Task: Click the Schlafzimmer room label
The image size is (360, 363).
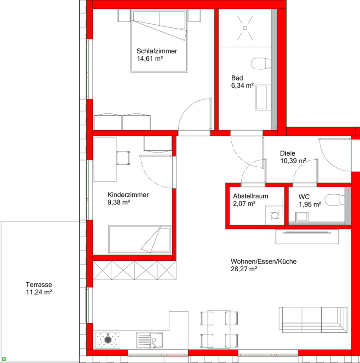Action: (x=157, y=51)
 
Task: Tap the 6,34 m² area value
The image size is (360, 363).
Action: (x=242, y=85)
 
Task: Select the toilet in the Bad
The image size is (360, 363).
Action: (x=261, y=63)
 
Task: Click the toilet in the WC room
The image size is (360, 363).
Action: (x=335, y=200)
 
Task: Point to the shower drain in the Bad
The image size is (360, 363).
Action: (x=245, y=28)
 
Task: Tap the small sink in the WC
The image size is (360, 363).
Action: (x=301, y=217)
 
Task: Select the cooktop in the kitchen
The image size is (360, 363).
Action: (x=108, y=340)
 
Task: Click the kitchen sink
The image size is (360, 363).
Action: (x=149, y=340)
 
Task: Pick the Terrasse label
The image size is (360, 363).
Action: (x=39, y=285)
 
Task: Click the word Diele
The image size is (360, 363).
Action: (x=288, y=153)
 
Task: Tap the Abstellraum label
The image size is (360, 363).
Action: (x=250, y=196)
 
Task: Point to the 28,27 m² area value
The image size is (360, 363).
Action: (x=244, y=269)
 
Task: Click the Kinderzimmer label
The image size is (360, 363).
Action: (x=128, y=195)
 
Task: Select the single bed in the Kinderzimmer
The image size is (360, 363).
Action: (x=140, y=240)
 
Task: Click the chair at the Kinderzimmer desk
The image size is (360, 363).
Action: (x=123, y=158)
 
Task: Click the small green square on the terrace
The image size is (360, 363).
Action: (x=4, y=359)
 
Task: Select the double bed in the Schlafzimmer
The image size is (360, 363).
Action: (x=159, y=41)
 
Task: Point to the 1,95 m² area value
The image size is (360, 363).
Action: (x=310, y=204)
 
